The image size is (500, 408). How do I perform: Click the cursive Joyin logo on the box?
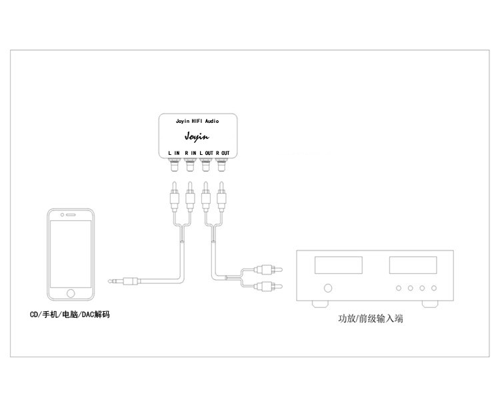tap(198, 139)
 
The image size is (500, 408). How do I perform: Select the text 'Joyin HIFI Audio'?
tap(197, 122)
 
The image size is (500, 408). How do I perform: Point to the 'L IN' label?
tap(175, 154)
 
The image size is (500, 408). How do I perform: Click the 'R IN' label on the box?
tap(190, 154)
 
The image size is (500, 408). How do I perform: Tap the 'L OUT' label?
tap(206, 154)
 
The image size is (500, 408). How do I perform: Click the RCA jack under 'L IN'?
tap(175, 163)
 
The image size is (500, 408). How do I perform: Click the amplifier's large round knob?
tap(328, 288)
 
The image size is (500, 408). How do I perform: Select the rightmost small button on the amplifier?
tap(434, 288)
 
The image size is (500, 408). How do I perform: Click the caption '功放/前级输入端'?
tap(370, 320)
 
